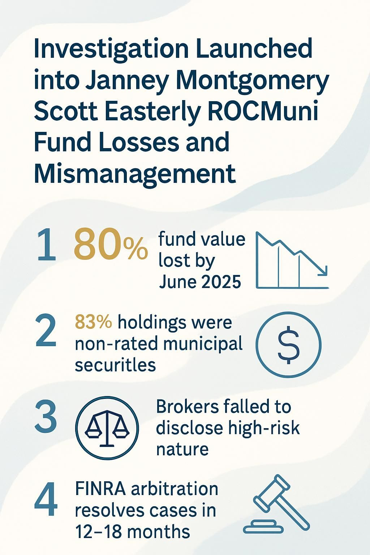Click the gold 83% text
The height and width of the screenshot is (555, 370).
coord(93,322)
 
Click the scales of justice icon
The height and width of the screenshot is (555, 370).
coord(107,427)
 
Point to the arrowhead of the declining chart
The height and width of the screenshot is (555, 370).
coord(323,271)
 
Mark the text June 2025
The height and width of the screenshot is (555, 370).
coord(200,281)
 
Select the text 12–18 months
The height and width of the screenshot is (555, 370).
coord(133,532)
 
